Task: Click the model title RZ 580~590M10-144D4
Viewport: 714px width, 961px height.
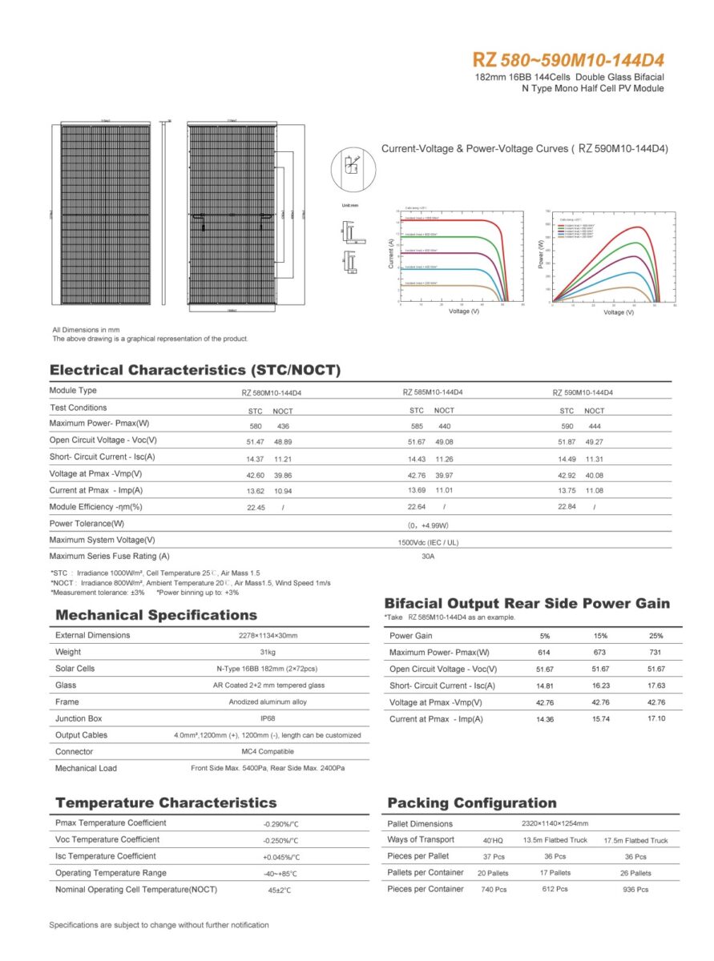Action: [x=568, y=60]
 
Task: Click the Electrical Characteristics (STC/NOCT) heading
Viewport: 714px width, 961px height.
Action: [x=195, y=370]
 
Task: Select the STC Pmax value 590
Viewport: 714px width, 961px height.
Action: [x=567, y=426]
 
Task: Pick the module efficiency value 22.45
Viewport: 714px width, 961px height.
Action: [x=256, y=508]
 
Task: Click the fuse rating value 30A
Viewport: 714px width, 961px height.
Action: [x=427, y=557]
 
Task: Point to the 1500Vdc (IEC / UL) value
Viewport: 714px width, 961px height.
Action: [x=427, y=542]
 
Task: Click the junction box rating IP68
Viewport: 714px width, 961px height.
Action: [x=268, y=719]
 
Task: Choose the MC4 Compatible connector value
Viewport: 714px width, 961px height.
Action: [x=268, y=752]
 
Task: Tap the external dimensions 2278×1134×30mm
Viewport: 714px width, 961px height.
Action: [x=268, y=636]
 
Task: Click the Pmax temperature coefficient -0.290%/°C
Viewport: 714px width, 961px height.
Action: [x=280, y=824]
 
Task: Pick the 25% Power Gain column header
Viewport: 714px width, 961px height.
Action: [x=656, y=636]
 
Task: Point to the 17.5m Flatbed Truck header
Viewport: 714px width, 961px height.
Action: [x=635, y=841]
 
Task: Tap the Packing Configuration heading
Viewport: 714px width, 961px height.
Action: [x=471, y=803]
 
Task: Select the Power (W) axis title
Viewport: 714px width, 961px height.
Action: [x=542, y=255]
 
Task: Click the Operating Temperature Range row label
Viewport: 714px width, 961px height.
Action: [x=111, y=873]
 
